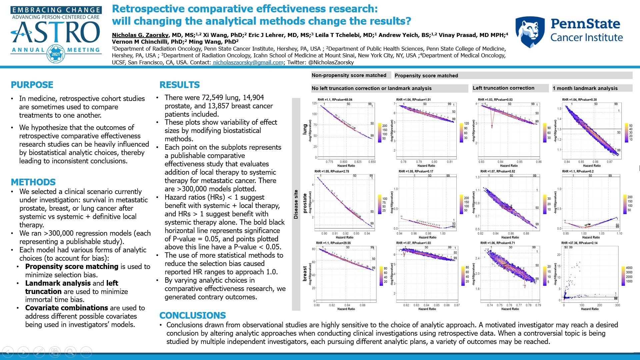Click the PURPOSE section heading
[x=32, y=85]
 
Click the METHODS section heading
[x=33, y=182]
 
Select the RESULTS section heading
[x=180, y=85]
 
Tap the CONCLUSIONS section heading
[x=193, y=315]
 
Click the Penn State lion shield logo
[x=530, y=32]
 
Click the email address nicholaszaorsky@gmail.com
[x=248, y=62]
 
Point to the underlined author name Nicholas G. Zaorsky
[x=140, y=35]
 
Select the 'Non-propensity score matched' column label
[x=349, y=75]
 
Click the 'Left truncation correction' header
[x=503, y=88]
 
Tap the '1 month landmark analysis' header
[x=585, y=88]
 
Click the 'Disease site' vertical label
[x=296, y=204]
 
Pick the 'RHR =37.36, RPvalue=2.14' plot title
[x=579, y=243]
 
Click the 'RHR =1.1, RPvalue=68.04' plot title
[x=335, y=99]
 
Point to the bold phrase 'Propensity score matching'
[x=72, y=266]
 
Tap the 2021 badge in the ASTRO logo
[x=56, y=54]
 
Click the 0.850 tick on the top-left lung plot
[x=372, y=162]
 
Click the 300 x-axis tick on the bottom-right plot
[x=617, y=305]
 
